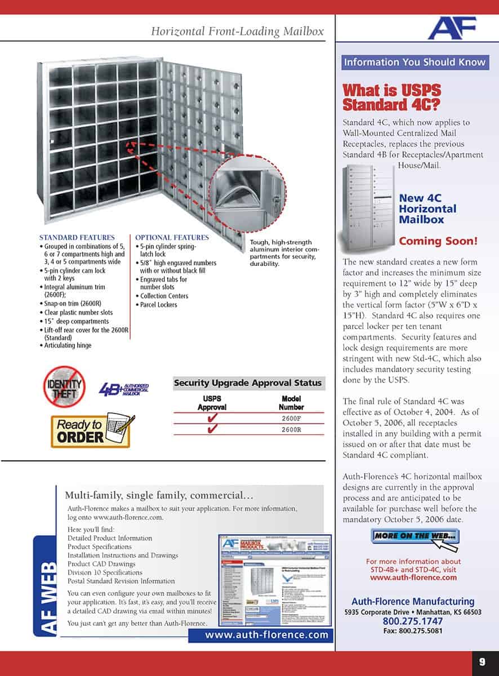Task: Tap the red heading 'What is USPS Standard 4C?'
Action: tap(392, 97)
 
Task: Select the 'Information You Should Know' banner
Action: tap(415, 62)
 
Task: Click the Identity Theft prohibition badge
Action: tap(64, 386)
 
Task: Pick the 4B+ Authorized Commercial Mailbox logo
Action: tap(123, 389)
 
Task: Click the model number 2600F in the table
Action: tap(291, 419)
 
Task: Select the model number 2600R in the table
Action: tap(291, 429)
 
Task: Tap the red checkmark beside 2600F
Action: tap(212, 419)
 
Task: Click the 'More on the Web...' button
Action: tap(415, 536)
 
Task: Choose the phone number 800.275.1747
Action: tap(412, 621)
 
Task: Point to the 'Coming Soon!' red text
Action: tap(438, 241)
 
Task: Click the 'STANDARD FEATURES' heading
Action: tap(77, 237)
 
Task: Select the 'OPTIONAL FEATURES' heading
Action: tap(172, 237)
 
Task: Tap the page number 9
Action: tap(482, 662)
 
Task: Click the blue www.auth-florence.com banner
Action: tap(266, 635)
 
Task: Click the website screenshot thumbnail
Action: tap(275, 580)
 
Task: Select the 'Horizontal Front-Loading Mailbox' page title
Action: tap(237, 32)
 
